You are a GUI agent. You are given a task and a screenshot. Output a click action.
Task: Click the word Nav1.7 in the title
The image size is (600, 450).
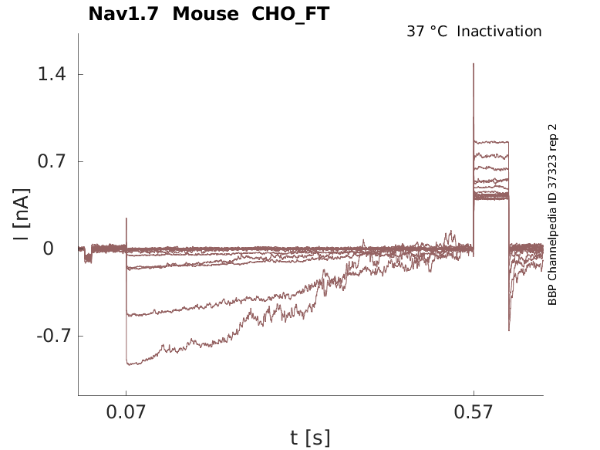[x=124, y=14]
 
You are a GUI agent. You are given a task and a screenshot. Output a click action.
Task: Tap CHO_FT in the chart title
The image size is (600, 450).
[x=290, y=14]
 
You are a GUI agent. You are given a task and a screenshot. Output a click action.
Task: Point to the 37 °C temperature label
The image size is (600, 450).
[x=426, y=32]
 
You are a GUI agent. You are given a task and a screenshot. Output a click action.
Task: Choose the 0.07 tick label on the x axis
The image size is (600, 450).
[x=126, y=413]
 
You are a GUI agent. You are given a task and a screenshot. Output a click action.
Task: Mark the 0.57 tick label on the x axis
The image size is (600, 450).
[x=474, y=413]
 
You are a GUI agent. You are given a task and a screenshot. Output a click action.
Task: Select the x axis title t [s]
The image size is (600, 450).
[x=310, y=438]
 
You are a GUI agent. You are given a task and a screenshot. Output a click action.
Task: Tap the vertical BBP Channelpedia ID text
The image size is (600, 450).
[x=552, y=214]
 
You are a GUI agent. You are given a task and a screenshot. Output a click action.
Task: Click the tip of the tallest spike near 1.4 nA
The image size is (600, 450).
[x=474, y=63]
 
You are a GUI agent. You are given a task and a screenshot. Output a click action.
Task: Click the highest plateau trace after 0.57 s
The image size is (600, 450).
[x=491, y=143]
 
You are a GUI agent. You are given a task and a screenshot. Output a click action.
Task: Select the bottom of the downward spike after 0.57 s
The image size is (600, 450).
[x=509, y=330]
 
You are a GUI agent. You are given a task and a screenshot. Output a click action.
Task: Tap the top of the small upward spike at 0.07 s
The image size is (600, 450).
[x=126, y=218]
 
